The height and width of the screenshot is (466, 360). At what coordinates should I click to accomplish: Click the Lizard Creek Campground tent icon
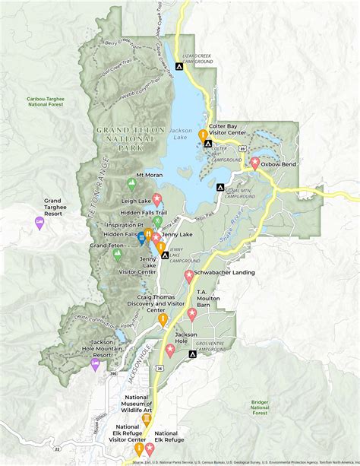tap(179, 66)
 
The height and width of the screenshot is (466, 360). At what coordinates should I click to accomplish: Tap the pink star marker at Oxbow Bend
tap(255, 162)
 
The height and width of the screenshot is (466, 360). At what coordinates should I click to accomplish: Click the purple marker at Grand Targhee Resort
tap(39, 222)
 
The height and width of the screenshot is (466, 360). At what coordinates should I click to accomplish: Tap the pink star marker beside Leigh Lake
tap(157, 199)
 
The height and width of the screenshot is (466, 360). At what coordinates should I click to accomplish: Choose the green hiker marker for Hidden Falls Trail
tap(157, 221)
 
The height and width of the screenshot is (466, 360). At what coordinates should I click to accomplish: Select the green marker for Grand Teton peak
tap(117, 255)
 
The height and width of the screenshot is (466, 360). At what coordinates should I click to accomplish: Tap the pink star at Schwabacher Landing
tap(189, 277)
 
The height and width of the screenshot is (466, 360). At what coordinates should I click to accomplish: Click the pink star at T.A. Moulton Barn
tap(192, 314)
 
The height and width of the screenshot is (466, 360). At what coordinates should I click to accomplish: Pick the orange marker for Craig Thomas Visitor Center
tap(163, 320)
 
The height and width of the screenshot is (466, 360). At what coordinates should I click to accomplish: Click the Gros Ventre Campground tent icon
tap(192, 353)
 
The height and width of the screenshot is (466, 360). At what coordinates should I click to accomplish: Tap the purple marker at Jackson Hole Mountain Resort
tap(95, 363)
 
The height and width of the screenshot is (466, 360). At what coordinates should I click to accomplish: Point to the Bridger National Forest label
tap(261, 407)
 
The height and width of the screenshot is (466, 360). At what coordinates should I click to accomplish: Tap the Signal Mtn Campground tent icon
tap(220, 187)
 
